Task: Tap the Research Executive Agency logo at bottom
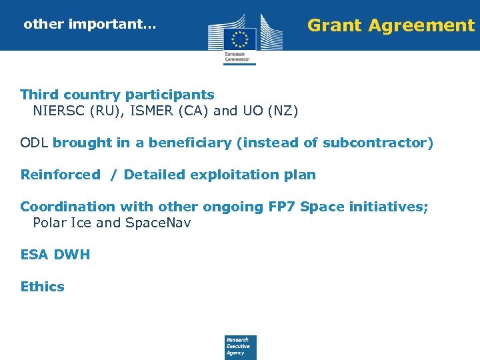(240, 347)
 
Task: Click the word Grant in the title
(334, 26)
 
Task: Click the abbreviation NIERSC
(59, 111)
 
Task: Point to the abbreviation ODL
(35, 143)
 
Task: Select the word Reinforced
(60, 175)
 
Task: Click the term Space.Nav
(158, 223)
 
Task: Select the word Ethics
(43, 287)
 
